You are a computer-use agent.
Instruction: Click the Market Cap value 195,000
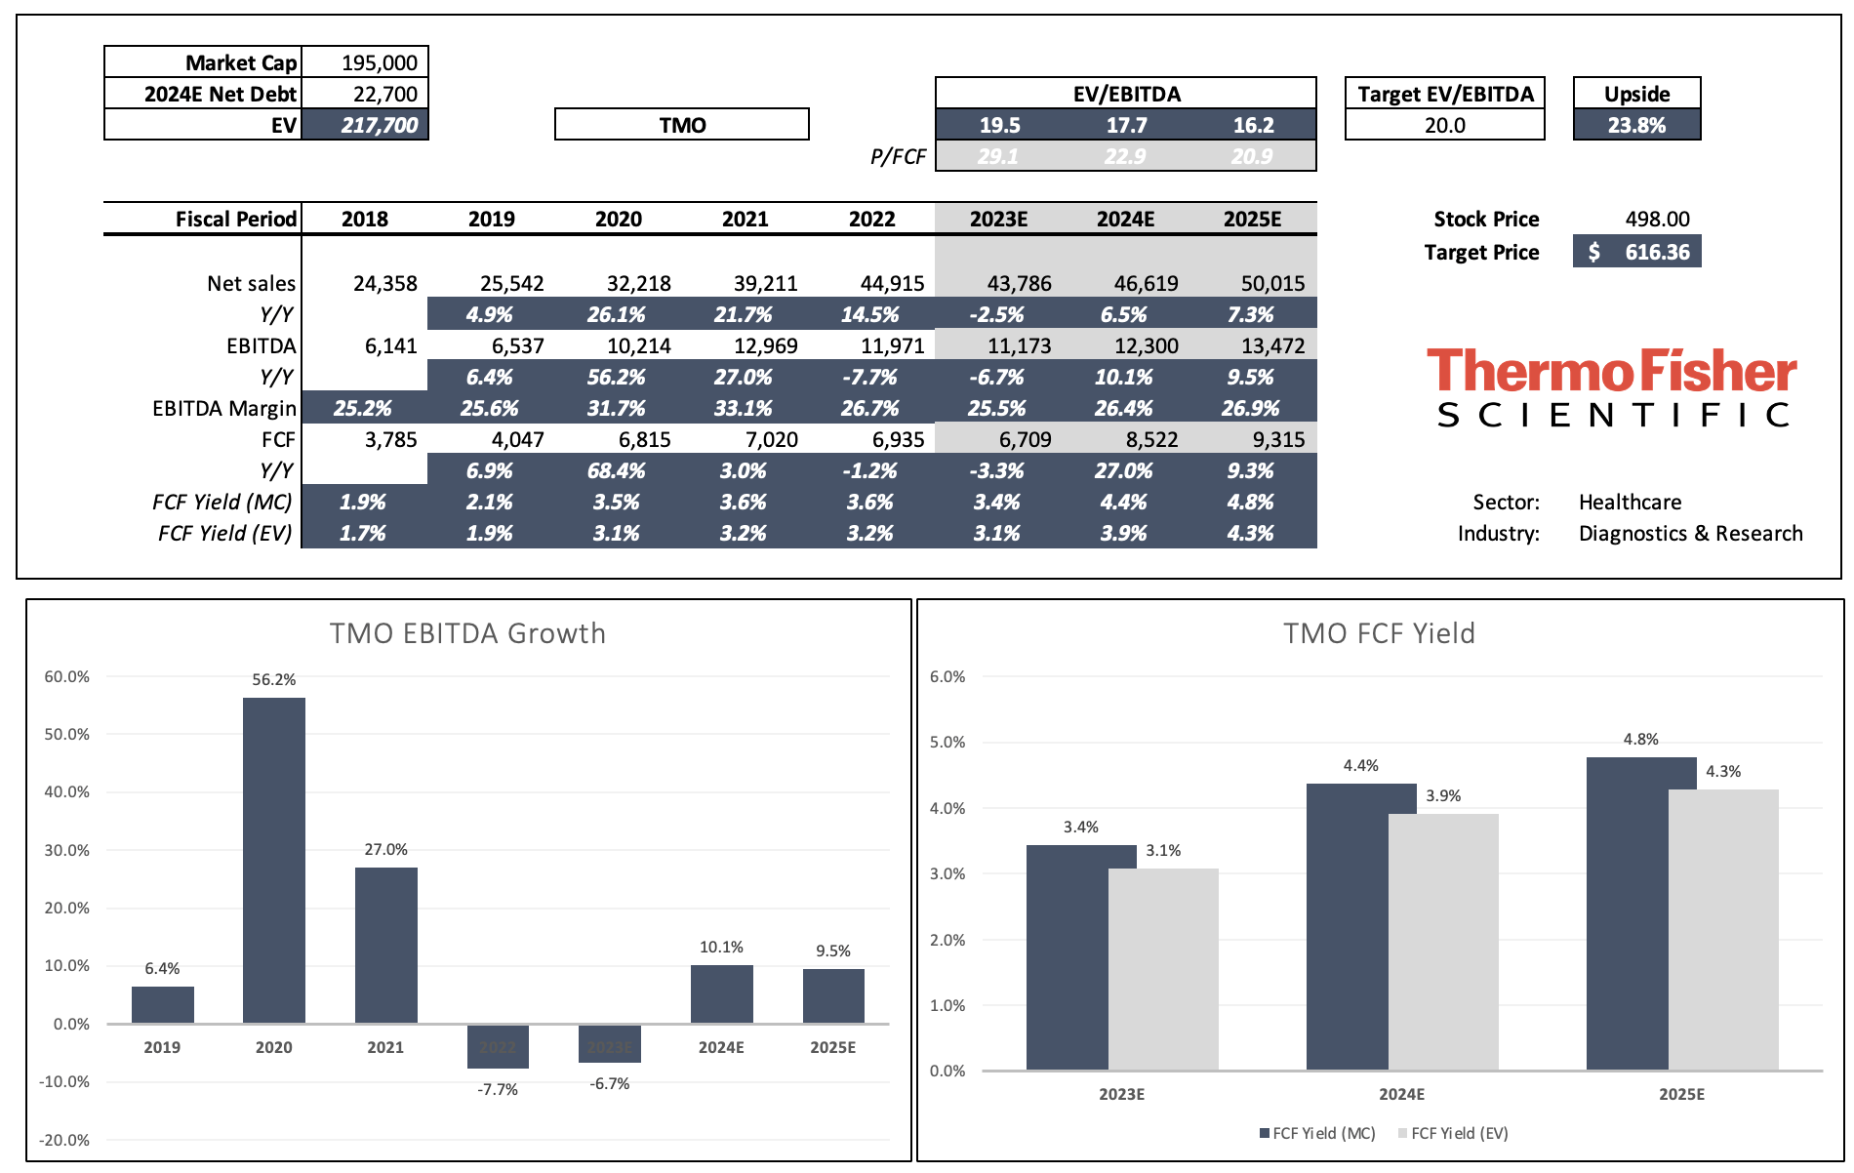(x=379, y=63)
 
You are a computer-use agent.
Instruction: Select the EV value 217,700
(x=379, y=126)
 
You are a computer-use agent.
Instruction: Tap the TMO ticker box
(x=682, y=125)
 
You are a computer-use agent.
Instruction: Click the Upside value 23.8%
(x=1636, y=126)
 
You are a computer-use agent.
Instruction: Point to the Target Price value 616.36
(x=1656, y=253)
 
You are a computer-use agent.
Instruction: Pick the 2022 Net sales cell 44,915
(x=892, y=284)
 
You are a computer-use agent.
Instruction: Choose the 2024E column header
(x=1125, y=220)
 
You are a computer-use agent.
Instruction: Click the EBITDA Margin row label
(x=223, y=409)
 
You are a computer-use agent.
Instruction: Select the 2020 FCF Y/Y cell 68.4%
(x=616, y=471)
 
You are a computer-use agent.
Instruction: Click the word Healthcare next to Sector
(x=1630, y=503)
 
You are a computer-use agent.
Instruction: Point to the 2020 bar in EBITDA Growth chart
(x=274, y=859)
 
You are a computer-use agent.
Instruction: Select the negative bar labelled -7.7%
(x=498, y=1045)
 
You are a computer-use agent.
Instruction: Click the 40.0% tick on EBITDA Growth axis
(x=66, y=792)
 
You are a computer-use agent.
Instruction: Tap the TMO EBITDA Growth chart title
(x=467, y=633)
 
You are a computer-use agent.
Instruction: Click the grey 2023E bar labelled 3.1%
(x=1163, y=968)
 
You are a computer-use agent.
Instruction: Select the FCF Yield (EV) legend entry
(x=1453, y=1133)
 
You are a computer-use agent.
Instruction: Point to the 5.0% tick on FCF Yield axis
(x=947, y=743)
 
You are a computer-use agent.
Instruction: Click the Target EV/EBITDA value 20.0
(x=1444, y=126)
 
